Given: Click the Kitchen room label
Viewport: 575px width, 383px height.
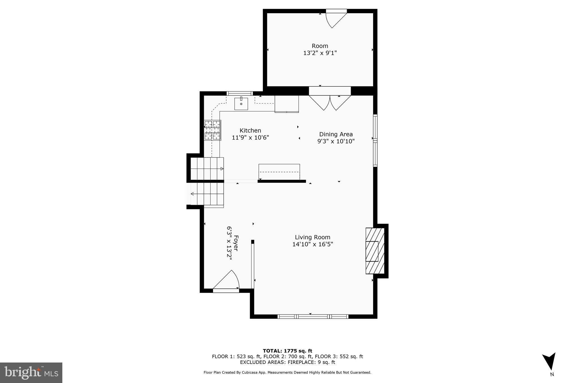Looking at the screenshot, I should (x=250, y=130).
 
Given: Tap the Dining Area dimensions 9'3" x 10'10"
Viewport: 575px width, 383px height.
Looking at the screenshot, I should (x=336, y=141).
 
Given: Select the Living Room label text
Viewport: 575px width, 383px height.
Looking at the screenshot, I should (x=312, y=237).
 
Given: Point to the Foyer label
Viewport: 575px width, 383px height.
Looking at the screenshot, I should (x=236, y=243).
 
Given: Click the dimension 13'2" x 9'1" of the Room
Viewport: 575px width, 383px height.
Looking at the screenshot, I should (x=320, y=53).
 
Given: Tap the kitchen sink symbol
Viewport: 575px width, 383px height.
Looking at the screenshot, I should (x=241, y=104).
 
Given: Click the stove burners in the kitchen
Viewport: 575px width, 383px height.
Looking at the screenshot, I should (x=212, y=130).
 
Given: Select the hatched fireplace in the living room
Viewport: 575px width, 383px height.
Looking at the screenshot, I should (x=375, y=251).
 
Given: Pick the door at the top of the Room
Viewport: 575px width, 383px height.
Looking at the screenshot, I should (x=336, y=19).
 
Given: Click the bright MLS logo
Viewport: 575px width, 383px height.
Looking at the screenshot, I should (x=31, y=373).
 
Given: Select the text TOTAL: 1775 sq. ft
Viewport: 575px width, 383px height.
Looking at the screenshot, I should (x=287, y=351).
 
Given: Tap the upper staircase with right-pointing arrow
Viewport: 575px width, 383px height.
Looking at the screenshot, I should (x=207, y=169).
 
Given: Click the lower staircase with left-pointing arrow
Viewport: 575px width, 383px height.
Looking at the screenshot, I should (x=207, y=194).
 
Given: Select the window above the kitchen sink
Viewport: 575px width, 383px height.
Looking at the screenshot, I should (x=239, y=93).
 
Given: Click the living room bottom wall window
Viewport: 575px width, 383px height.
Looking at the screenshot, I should (x=313, y=317).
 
